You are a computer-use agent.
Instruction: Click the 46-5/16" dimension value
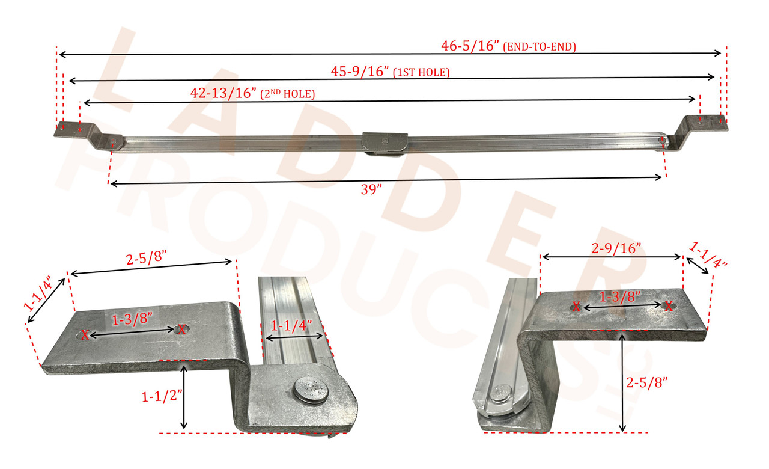(x=470, y=46)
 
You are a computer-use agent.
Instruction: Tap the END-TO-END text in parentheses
(x=539, y=47)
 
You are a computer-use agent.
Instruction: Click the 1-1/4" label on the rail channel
(x=291, y=326)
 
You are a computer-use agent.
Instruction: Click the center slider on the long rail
(x=384, y=143)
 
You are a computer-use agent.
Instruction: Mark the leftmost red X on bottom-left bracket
(x=85, y=335)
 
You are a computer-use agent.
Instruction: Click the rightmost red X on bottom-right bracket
(x=669, y=306)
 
